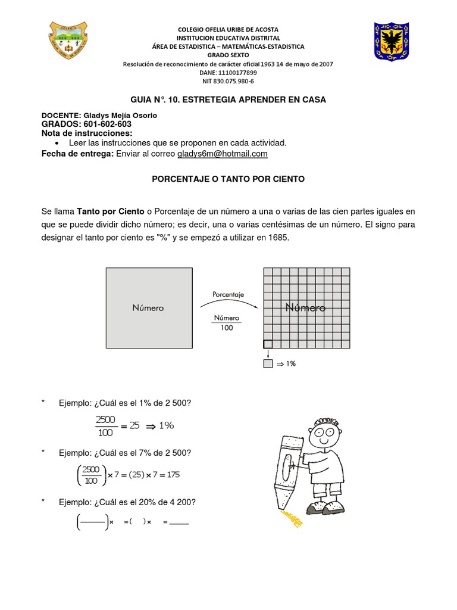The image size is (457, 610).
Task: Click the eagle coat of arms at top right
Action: (x=391, y=41)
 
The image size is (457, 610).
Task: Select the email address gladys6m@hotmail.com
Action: (x=222, y=154)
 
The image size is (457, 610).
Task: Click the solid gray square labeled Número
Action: (x=149, y=308)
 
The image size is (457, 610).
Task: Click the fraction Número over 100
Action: (x=227, y=323)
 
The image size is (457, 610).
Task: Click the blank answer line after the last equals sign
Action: (x=179, y=522)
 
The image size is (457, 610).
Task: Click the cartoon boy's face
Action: (x=326, y=432)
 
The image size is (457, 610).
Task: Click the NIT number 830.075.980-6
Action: (x=228, y=81)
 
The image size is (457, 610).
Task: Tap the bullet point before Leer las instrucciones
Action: (x=56, y=143)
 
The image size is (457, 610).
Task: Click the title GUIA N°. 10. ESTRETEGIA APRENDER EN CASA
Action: (x=228, y=99)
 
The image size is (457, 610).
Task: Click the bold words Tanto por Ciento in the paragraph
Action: (x=111, y=211)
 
